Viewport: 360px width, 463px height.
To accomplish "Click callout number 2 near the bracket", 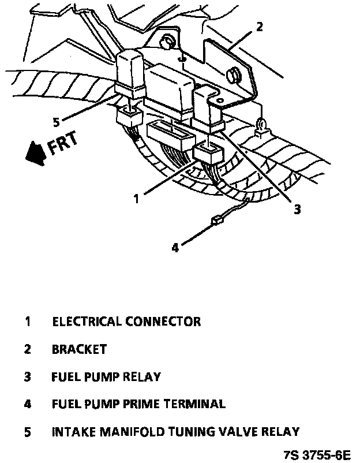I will point(260,27).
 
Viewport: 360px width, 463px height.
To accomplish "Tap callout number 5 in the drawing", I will point(55,122).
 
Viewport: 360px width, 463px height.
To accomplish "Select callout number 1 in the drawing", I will point(136,198).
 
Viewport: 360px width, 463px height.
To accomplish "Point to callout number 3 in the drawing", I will point(297,210).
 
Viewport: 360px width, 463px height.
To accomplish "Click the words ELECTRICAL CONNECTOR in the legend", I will point(126,322).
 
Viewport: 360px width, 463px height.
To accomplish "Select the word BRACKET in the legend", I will point(79,349).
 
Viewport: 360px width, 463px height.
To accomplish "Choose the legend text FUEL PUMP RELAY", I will point(106,377).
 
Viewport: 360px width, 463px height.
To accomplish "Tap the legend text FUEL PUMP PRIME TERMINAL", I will point(138,404).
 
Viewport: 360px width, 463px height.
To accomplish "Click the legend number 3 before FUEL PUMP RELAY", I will point(27,377).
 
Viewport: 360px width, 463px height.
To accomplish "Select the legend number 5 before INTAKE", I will point(27,432).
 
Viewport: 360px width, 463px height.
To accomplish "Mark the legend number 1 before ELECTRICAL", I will point(27,322).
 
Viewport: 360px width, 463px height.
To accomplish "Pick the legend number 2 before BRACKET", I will point(27,349).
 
